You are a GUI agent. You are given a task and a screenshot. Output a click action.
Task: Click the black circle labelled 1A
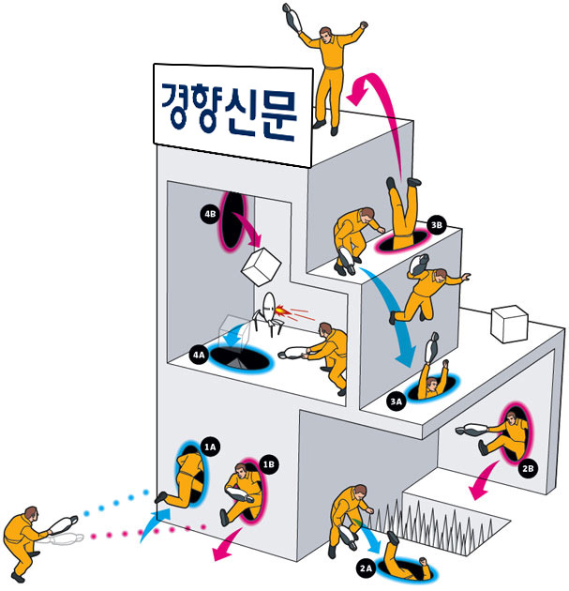point(210,447)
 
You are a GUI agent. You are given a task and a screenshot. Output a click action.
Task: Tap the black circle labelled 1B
point(268,464)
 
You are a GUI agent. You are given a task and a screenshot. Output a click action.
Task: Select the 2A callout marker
point(366,568)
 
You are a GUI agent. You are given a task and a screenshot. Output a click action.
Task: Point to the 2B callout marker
point(528,468)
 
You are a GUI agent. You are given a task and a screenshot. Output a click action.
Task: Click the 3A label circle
point(397,402)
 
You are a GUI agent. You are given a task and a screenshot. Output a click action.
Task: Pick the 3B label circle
point(437,225)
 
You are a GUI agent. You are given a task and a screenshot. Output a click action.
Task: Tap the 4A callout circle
point(199,355)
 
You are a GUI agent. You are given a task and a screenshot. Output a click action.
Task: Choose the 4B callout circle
point(210,214)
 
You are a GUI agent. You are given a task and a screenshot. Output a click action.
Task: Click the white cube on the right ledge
point(509,325)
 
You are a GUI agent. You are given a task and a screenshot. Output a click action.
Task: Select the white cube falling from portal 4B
point(261,266)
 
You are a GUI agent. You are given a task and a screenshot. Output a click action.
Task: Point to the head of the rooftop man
point(326,35)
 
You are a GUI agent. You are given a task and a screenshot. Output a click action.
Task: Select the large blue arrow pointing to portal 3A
point(392,312)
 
